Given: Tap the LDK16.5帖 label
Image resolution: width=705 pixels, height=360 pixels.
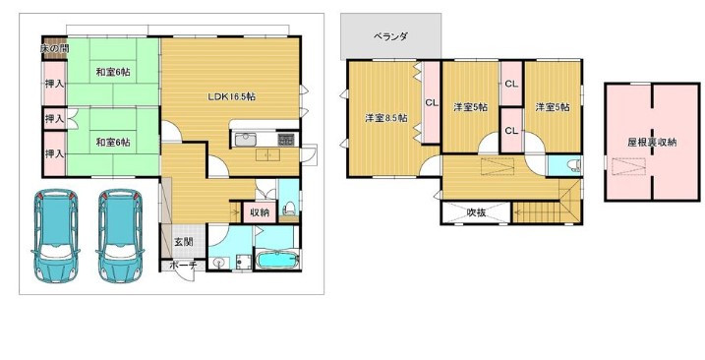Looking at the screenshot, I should tap(231, 96).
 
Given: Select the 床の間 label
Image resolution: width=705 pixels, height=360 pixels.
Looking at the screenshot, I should tap(27, 48).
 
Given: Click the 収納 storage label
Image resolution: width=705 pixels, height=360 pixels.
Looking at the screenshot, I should tap(259, 212).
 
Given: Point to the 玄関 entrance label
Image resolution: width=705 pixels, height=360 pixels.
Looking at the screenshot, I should tap(184, 241).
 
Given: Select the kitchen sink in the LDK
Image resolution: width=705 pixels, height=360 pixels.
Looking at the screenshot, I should tap(248, 138).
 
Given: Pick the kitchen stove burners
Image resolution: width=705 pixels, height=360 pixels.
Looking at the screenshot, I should tap(286, 138).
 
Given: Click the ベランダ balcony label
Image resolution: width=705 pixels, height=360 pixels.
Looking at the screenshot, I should tap(390, 36).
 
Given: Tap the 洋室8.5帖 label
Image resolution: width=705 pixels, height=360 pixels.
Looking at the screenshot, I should tap(382, 118).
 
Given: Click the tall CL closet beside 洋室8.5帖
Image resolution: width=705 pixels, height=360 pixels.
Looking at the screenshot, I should tap(431, 101).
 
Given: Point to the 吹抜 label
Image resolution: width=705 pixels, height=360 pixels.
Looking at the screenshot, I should tap(477, 210).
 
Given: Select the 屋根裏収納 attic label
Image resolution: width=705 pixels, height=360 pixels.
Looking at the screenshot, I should tap(652, 143).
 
